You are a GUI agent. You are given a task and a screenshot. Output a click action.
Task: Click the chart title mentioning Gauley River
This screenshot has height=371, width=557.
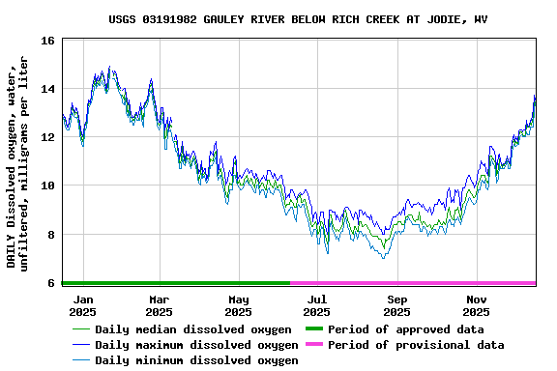pos(297,19)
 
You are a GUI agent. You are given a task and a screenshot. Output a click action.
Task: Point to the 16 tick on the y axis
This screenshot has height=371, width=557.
pos(47,41)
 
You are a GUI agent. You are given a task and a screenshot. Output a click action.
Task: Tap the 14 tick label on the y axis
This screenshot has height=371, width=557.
pos(47,89)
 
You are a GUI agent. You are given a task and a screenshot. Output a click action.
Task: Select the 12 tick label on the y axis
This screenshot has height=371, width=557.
pos(47,137)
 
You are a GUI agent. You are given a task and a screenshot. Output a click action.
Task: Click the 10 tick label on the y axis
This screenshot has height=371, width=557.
pos(47,185)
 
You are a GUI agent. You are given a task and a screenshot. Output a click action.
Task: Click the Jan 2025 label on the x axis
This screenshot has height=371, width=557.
pos(82,305)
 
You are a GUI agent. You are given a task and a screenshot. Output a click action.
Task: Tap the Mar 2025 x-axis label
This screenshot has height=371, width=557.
pos(160,305)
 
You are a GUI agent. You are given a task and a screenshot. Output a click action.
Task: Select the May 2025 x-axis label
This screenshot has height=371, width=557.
pos(238,305)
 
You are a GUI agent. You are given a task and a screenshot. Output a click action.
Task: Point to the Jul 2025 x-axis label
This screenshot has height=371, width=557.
pos(317,305)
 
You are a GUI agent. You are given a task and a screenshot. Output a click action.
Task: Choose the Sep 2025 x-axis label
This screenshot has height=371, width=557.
pos(396,305)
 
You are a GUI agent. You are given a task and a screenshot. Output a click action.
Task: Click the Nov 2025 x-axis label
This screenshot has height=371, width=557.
pos(476,305)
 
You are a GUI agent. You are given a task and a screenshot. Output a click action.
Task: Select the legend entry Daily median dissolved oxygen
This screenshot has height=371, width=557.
pos(192,329)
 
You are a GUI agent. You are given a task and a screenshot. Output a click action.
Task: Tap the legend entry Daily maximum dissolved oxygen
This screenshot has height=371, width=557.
pos(196,345)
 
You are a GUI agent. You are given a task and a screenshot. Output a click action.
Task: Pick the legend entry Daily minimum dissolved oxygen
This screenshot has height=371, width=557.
pos(196,360)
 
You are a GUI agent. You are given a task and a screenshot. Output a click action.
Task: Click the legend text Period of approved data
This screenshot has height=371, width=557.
pos(405,329)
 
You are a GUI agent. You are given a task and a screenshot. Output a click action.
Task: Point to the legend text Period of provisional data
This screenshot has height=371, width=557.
pos(416,345)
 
